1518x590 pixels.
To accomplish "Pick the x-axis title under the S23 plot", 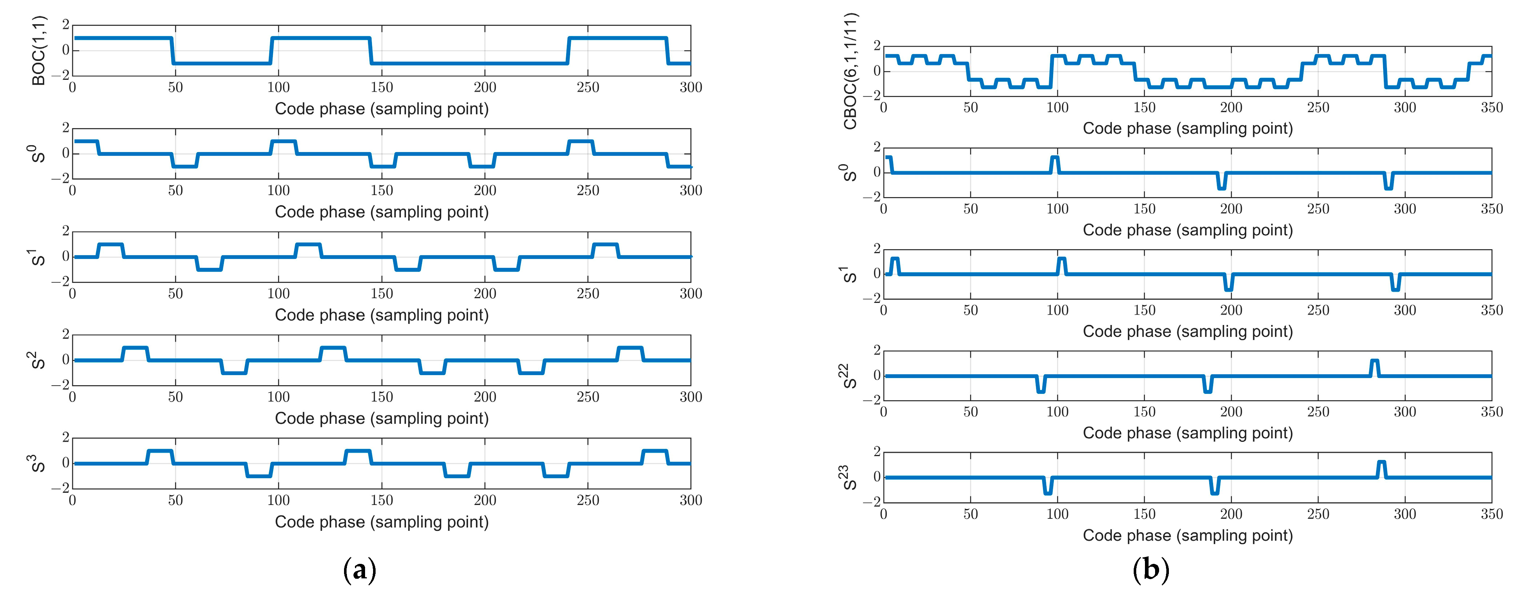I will point(1187,535).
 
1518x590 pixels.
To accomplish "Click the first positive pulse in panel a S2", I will point(135,348).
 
